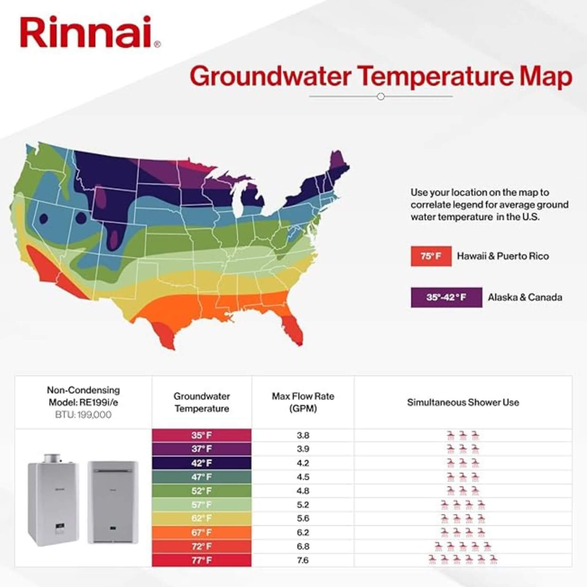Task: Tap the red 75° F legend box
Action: [x=431, y=256]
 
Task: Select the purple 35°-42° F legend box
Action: [x=446, y=297]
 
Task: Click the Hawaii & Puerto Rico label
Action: [x=503, y=256]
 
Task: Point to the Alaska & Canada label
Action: [x=525, y=297]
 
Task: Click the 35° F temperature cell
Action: [x=201, y=435]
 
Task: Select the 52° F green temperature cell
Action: [x=201, y=491]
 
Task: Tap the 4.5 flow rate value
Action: [x=303, y=477]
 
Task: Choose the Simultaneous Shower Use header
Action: [x=463, y=403]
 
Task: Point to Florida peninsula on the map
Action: [x=293, y=328]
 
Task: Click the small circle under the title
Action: [x=380, y=97]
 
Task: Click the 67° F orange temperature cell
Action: [x=201, y=533]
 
